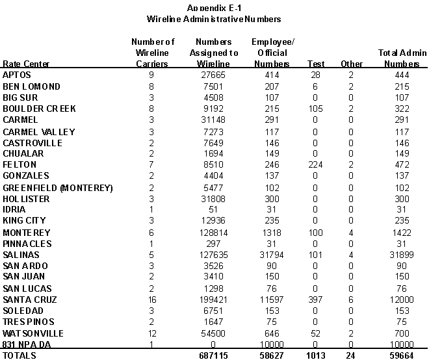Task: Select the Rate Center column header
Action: coord(26,64)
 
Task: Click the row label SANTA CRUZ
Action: coord(30,300)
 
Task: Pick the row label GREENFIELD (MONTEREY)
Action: coord(58,188)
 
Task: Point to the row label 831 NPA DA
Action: coord(26,344)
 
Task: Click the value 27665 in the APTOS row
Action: coord(217,75)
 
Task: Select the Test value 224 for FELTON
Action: coord(316,165)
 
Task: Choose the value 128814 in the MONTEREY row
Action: coord(217,233)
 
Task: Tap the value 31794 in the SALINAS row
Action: coord(272,255)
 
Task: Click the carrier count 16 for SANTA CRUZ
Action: coord(151,300)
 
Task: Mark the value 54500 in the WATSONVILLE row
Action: coord(217,333)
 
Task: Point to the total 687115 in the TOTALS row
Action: coord(217,355)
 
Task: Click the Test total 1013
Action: coord(316,355)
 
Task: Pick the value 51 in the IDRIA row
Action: coord(217,210)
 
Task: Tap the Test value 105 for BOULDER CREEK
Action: coord(316,109)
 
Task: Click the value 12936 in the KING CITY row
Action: coord(217,221)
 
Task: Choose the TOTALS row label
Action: coord(20,355)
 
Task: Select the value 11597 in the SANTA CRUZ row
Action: coord(272,300)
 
